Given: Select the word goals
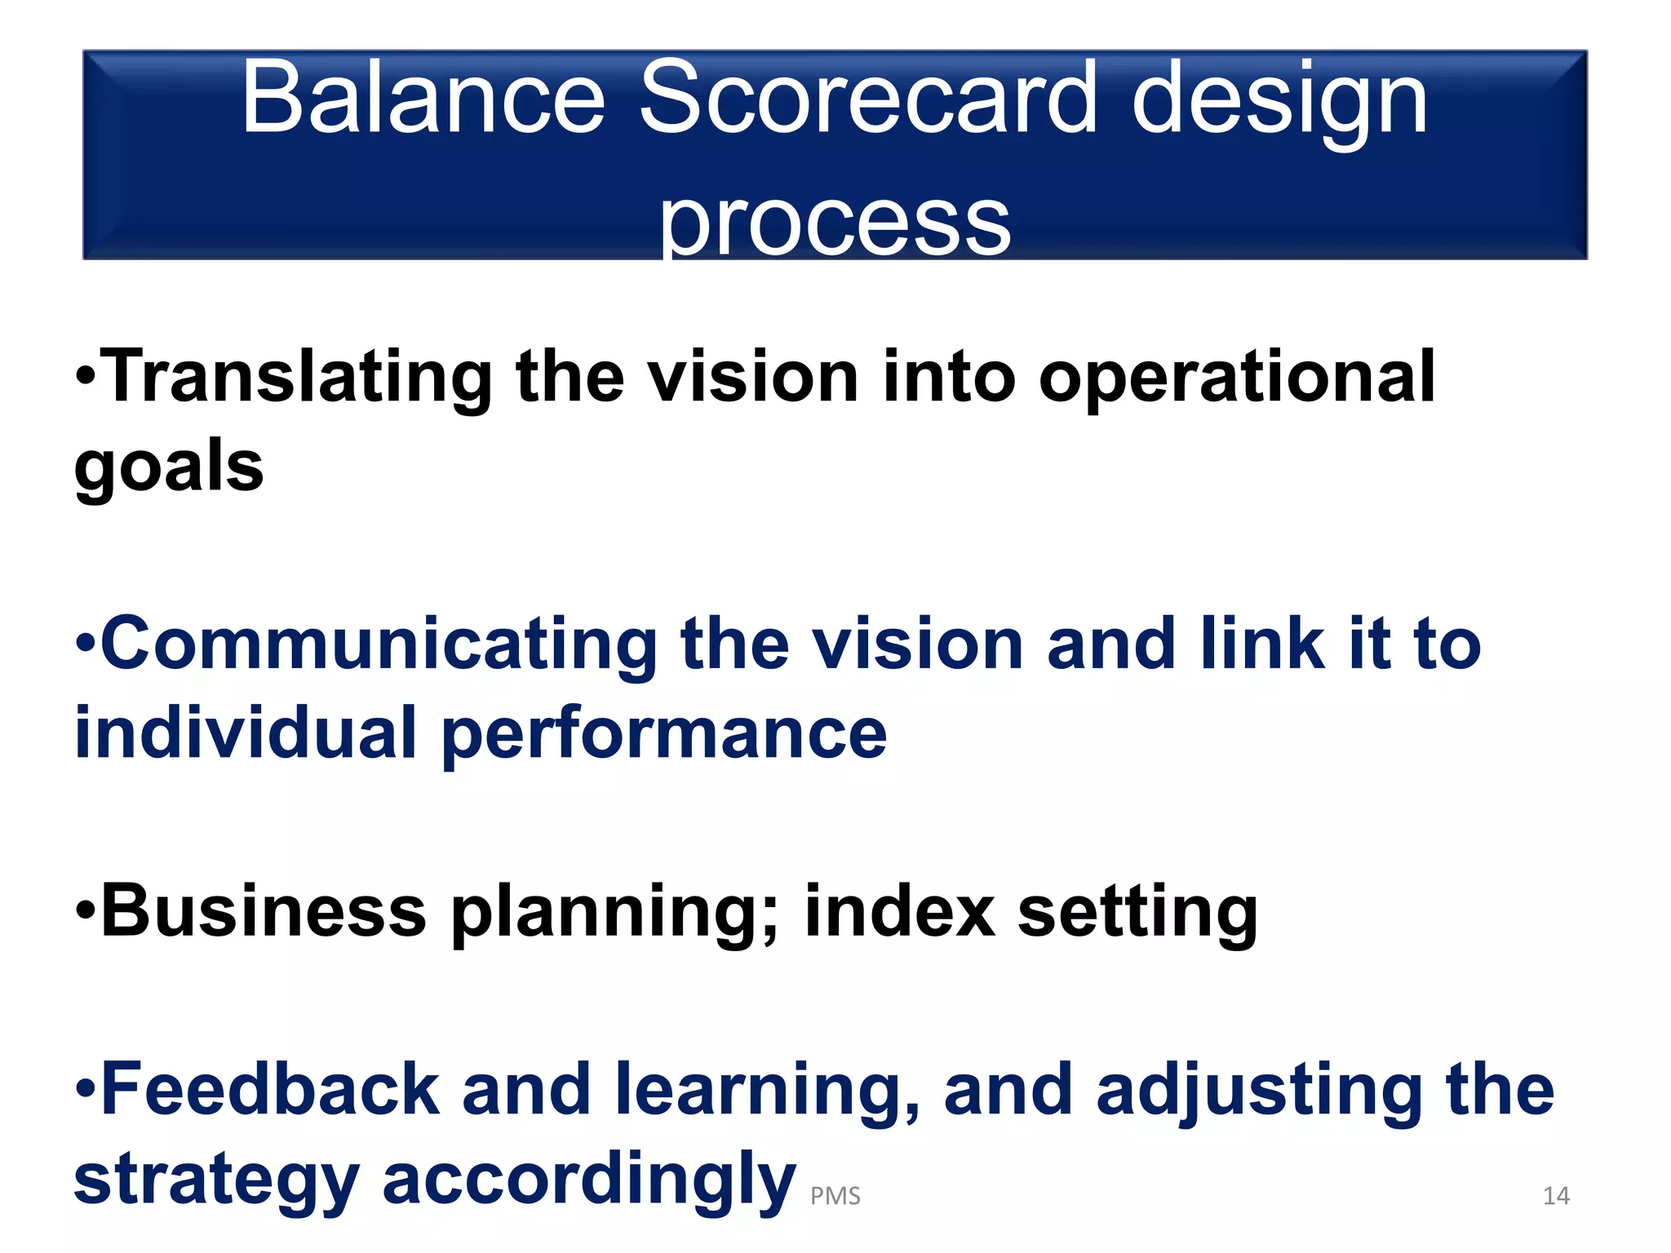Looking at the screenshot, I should (169, 467).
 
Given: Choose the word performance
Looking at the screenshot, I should (664, 734).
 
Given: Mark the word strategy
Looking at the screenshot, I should (216, 1181).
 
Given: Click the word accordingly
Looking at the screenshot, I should (588, 1181).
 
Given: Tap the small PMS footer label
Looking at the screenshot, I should (835, 1196).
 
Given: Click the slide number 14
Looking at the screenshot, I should (1556, 1196).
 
